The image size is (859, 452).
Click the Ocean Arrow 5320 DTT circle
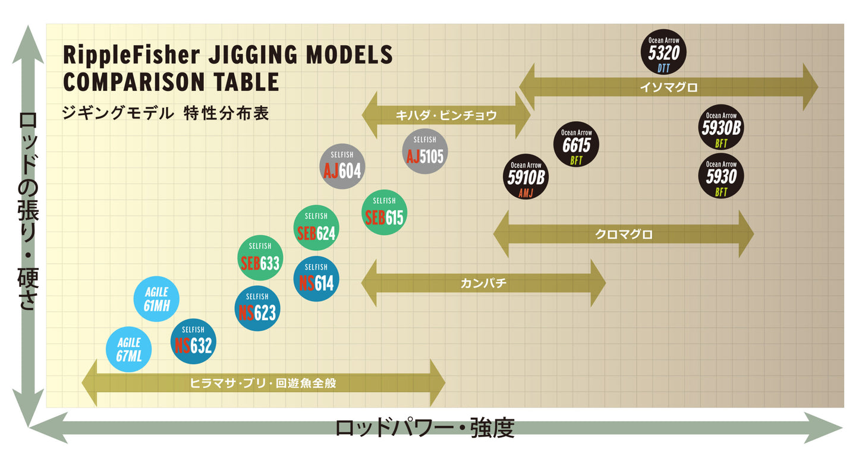coord(663,52)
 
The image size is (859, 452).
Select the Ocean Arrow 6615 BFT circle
coord(576,146)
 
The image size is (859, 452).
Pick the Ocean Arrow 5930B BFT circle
coord(721,128)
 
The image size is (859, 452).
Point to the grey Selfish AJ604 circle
coord(342,166)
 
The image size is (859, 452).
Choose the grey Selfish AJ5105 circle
coord(424,152)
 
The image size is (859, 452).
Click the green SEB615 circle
coord(384,213)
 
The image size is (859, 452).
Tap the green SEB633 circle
coord(260,258)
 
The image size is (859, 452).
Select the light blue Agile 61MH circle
coord(156,299)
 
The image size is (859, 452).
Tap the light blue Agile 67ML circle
coord(128,350)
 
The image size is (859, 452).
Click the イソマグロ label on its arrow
coord(668,87)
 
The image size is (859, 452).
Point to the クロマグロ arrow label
coord(624,235)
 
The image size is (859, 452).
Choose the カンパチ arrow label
coord(483,283)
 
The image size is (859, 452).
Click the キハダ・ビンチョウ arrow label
coord(446,116)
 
